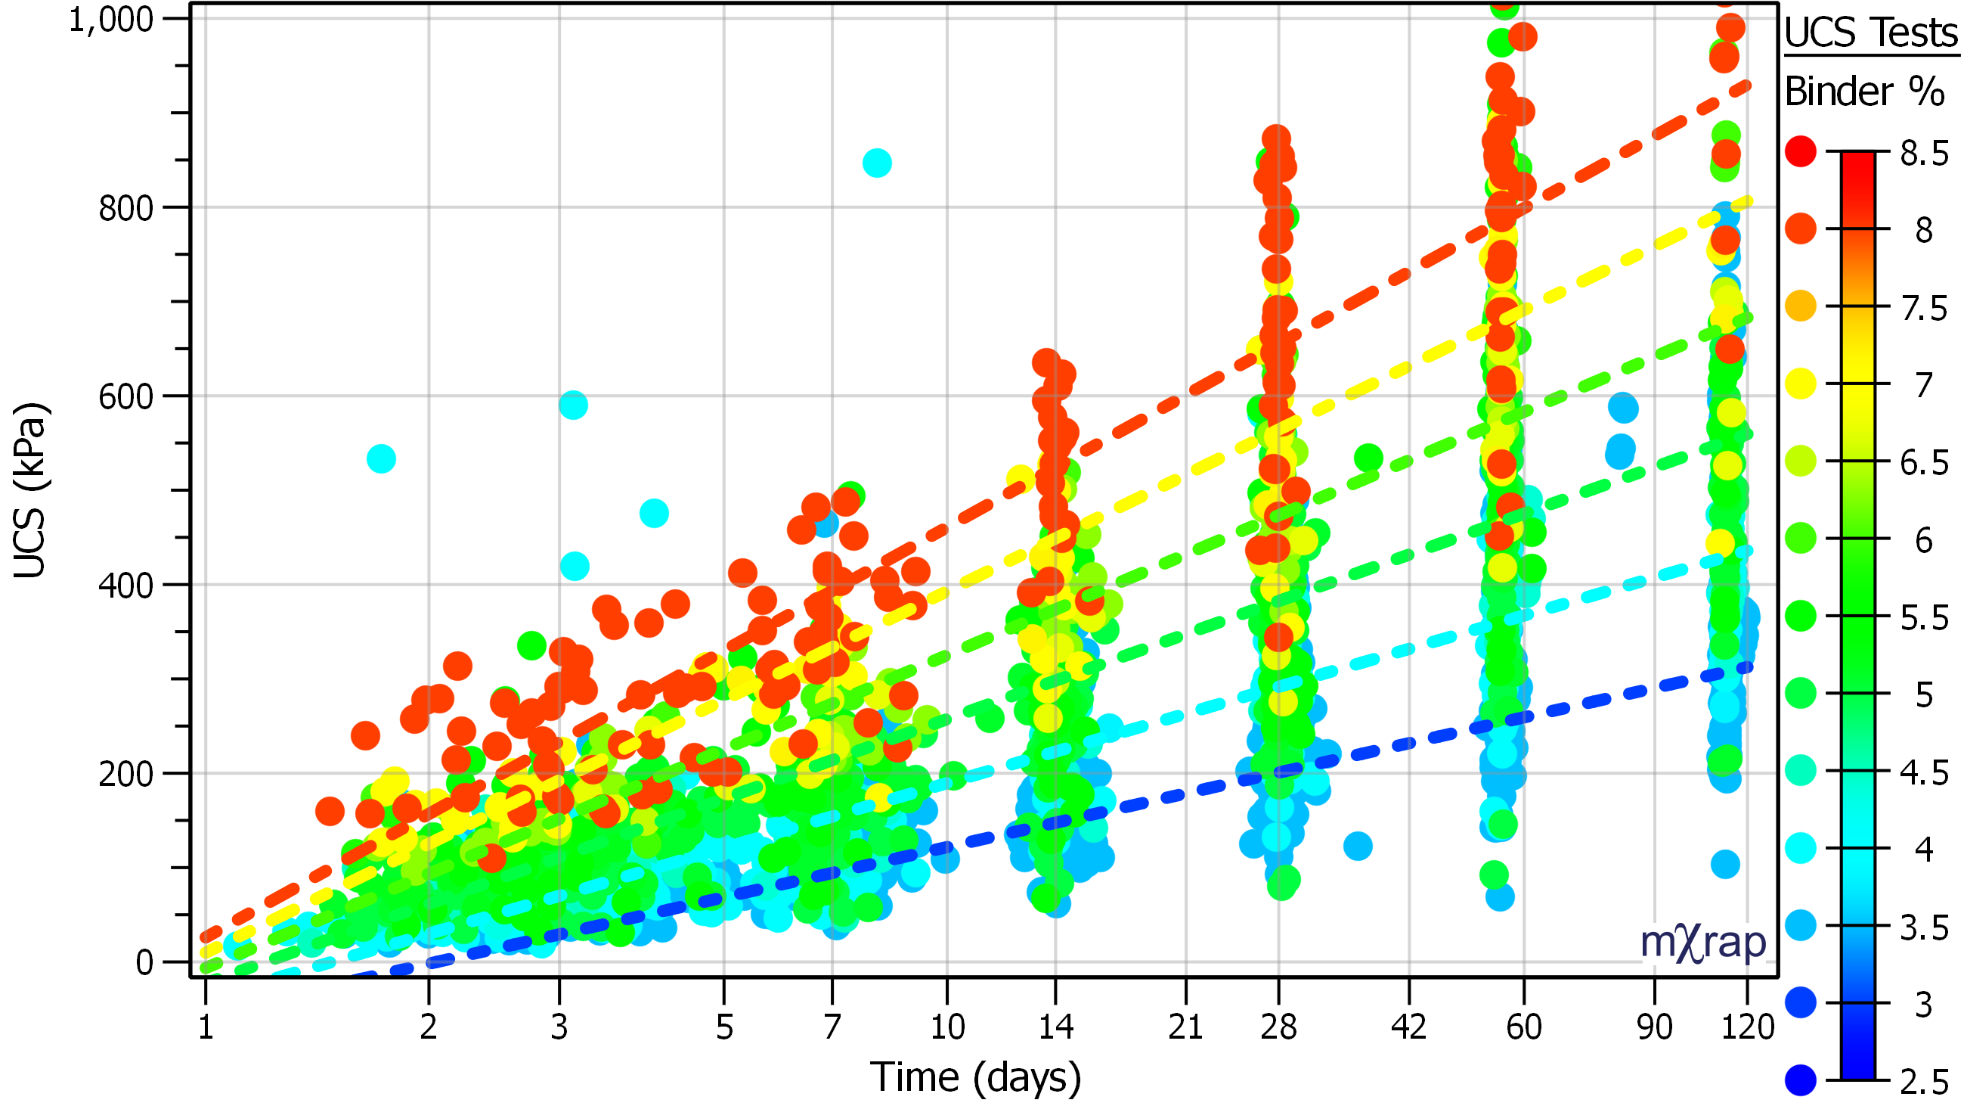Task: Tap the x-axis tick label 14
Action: point(1055,1027)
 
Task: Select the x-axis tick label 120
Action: point(1748,1027)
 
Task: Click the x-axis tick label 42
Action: point(1408,1027)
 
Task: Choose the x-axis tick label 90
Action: point(1655,1027)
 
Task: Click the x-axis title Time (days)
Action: point(975,1076)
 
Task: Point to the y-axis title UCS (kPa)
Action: point(30,490)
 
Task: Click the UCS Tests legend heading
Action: point(1871,33)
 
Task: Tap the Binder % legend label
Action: point(1864,92)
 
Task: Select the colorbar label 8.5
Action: point(1924,154)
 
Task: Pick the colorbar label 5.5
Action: point(1924,618)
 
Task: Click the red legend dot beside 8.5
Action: point(1800,151)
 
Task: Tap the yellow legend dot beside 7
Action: point(1800,383)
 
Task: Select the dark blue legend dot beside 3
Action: point(1800,1002)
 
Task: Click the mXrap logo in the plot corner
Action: point(1702,943)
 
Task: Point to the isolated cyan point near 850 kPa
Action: point(877,163)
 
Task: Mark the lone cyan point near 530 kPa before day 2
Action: point(381,458)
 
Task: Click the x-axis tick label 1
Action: point(206,1027)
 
